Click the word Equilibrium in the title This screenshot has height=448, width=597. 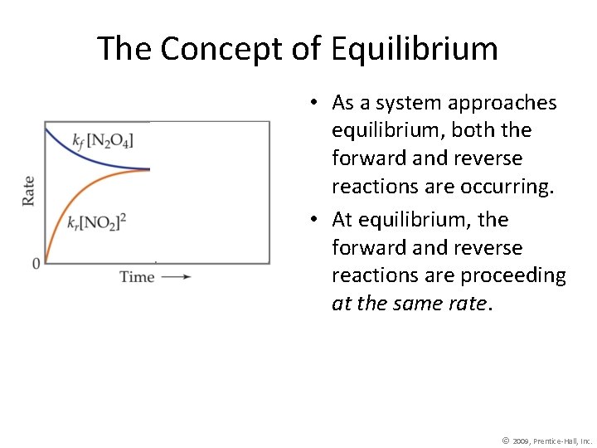click(414, 49)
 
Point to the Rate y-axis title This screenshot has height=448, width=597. click(28, 191)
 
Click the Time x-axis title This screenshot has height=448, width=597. click(137, 277)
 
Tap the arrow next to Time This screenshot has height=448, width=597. click(177, 277)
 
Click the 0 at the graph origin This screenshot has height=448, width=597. click(36, 264)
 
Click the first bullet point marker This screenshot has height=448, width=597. click(316, 103)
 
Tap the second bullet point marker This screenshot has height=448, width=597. click(316, 220)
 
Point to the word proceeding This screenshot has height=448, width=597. click(514, 275)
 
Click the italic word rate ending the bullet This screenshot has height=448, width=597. click(469, 304)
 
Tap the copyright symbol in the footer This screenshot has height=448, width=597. click(506, 440)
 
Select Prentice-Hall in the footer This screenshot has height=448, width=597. click(558, 441)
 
